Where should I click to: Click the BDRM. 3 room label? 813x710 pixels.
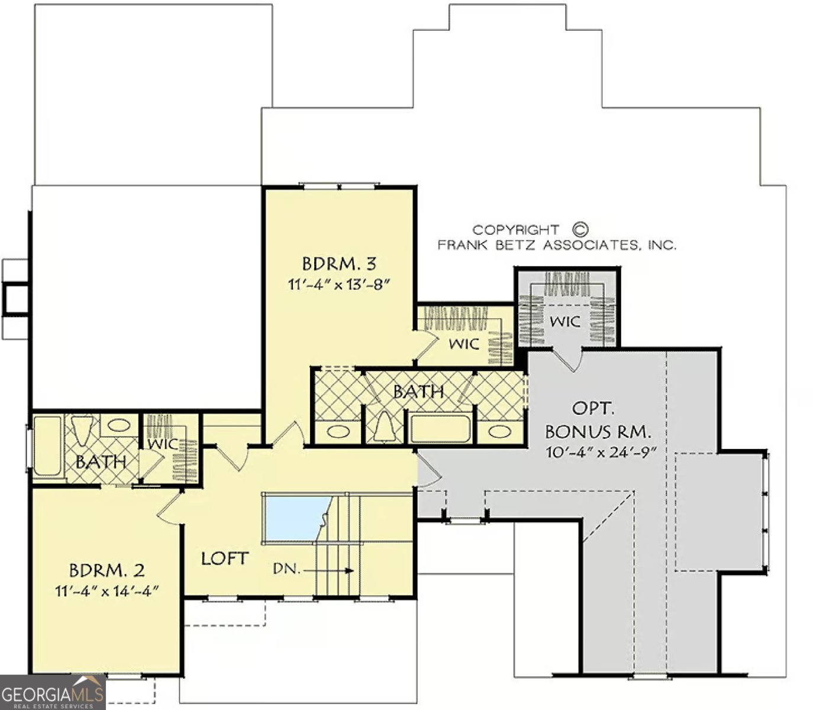tap(339, 264)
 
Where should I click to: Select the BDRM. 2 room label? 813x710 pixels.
tap(107, 570)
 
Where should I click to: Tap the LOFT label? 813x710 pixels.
tap(225, 559)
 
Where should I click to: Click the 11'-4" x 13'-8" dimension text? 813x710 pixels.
tap(339, 285)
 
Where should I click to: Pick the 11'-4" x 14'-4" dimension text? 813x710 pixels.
tap(107, 591)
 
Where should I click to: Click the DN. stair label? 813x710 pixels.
tap(286, 569)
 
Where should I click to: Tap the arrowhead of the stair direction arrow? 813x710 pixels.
tap(349, 570)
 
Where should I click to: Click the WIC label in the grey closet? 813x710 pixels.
tap(564, 321)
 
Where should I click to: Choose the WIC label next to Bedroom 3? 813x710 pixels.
tap(464, 343)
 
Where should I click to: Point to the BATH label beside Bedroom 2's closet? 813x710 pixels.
tap(101, 461)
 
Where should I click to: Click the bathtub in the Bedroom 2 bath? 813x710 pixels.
tap(47, 446)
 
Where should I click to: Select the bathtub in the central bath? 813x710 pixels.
tap(440, 428)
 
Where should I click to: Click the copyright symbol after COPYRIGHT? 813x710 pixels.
tap(580, 229)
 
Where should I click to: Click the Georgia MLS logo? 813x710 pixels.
tap(53, 692)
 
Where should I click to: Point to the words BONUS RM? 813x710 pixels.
tap(598, 431)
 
